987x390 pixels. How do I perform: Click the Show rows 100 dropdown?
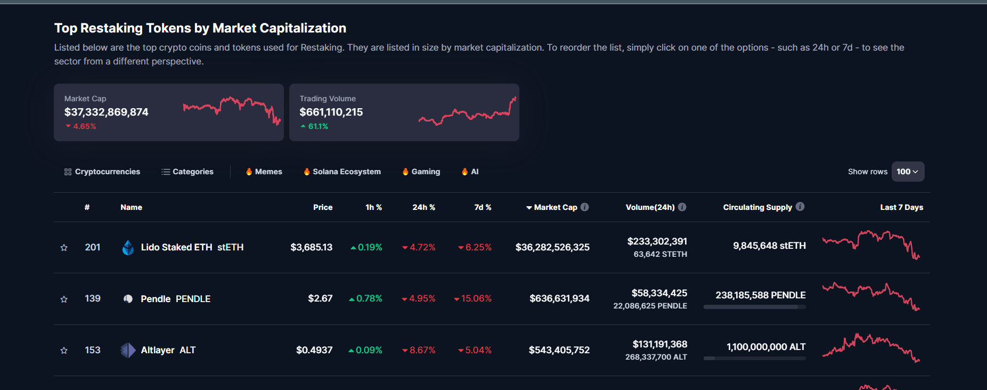(x=907, y=172)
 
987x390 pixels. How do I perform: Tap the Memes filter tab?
(x=264, y=172)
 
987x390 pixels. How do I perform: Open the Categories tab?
(x=187, y=172)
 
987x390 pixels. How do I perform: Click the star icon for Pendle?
(x=64, y=299)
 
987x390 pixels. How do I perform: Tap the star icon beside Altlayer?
(x=64, y=350)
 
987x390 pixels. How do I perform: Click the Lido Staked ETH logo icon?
(x=128, y=247)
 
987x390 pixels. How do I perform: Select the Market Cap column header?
(x=555, y=207)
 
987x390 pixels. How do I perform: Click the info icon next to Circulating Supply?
(x=800, y=207)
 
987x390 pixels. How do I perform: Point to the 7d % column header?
(x=483, y=207)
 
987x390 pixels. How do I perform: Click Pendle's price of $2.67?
(x=320, y=298)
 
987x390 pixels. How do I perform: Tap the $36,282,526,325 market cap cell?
(x=552, y=247)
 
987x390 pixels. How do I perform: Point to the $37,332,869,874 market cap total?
(x=107, y=112)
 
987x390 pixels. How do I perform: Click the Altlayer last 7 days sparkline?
(x=870, y=348)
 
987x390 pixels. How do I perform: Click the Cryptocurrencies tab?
(x=102, y=172)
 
